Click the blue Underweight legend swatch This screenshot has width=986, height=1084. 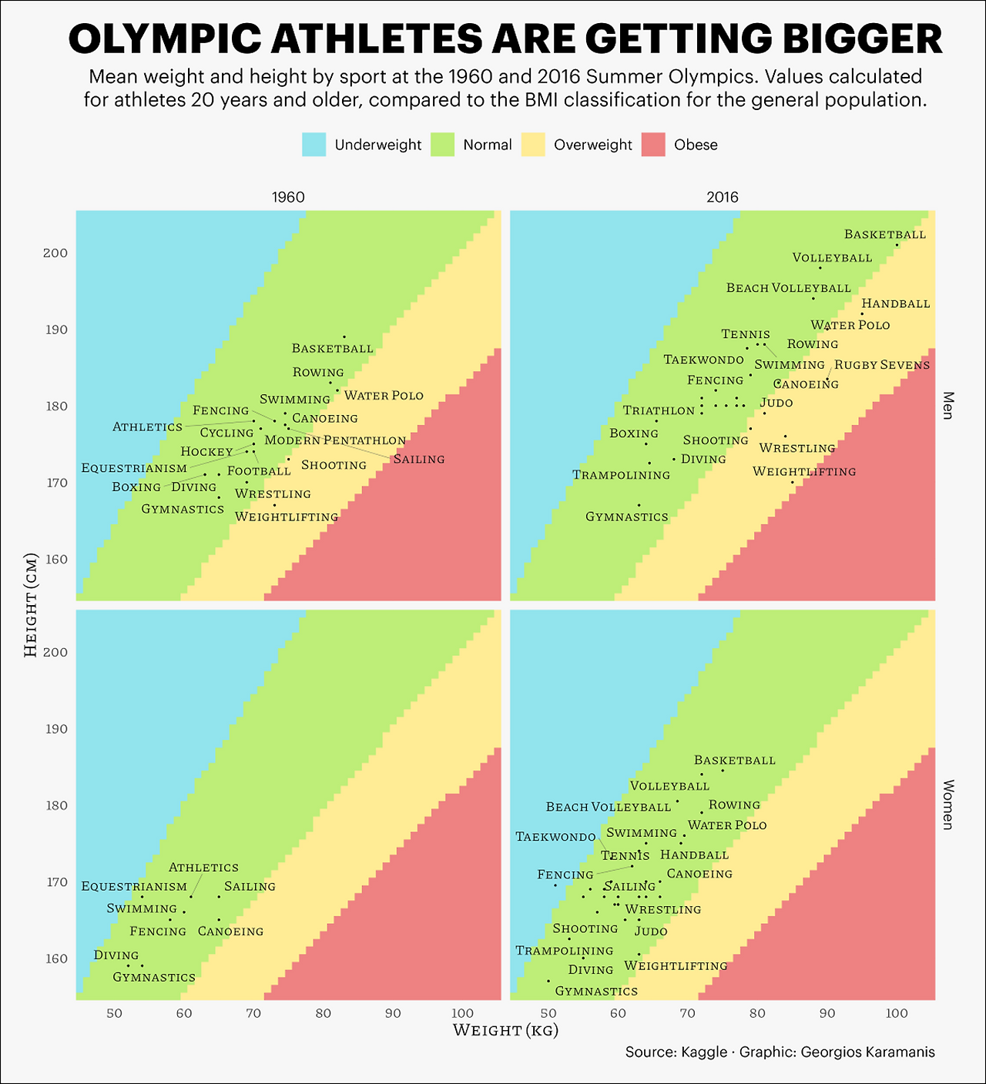pyautogui.click(x=314, y=145)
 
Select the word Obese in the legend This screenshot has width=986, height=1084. pyautogui.click(x=696, y=145)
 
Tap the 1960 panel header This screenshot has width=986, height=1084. pyautogui.click(x=288, y=197)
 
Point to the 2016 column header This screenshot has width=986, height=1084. pyautogui.click(x=723, y=197)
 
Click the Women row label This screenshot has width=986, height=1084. pyautogui.click(x=948, y=805)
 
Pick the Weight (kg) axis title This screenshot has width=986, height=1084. pyautogui.click(x=505, y=1030)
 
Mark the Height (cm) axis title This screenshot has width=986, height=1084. pyautogui.click(x=31, y=605)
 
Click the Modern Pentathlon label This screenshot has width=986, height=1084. pyautogui.click(x=335, y=440)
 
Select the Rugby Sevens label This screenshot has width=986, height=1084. pyautogui.click(x=882, y=365)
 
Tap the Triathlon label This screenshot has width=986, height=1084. pyautogui.click(x=659, y=410)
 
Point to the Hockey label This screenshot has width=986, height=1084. pyautogui.click(x=206, y=452)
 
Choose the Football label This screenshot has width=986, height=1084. pyautogui.click(x=259, y=471)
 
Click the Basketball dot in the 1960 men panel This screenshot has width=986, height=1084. pyautogui.click(x=344, y=336)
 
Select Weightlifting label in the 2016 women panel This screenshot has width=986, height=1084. pyautogui.click(x=676, y=965)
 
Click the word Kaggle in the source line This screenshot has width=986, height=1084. pyautogui.click(x=704, y=1052)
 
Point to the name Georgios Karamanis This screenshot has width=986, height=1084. pyautogui.click(x=867, y=1052)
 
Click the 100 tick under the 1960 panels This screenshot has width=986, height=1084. pyautogui.click(x=462, y=1013)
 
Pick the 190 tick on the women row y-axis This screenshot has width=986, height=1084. pyautogui.click(x=56, y=728)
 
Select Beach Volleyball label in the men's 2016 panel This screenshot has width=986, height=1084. pyautogui.click(x=788, y=288)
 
